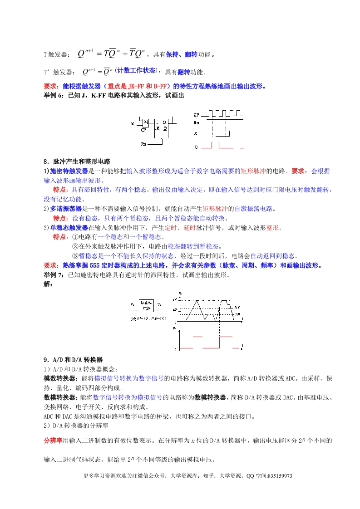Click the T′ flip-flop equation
98,72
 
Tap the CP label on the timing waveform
197,115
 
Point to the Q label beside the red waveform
196,147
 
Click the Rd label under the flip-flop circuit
143,144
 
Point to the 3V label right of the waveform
237,314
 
